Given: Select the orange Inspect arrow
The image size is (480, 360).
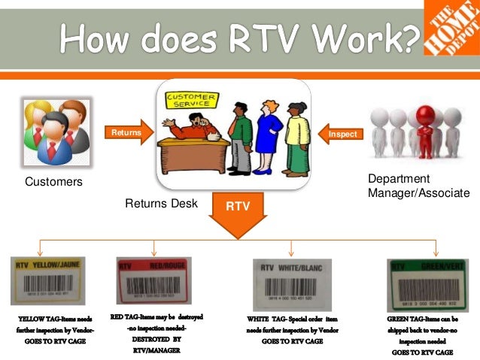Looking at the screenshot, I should tap(342, 133).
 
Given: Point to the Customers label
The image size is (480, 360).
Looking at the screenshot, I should tap(53, 182).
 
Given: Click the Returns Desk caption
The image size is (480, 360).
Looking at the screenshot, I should tap(162, 203).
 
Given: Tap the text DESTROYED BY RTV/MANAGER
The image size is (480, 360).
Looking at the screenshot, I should tap(156, 344).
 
